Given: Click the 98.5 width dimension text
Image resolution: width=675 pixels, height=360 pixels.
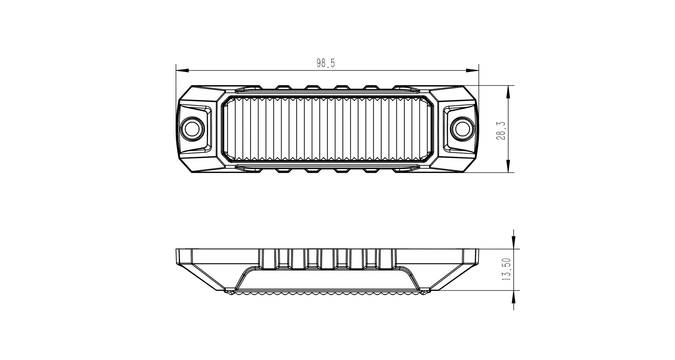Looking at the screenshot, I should click(326, 63).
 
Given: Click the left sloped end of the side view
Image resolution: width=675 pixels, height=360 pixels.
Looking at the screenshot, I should click(205, 277).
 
